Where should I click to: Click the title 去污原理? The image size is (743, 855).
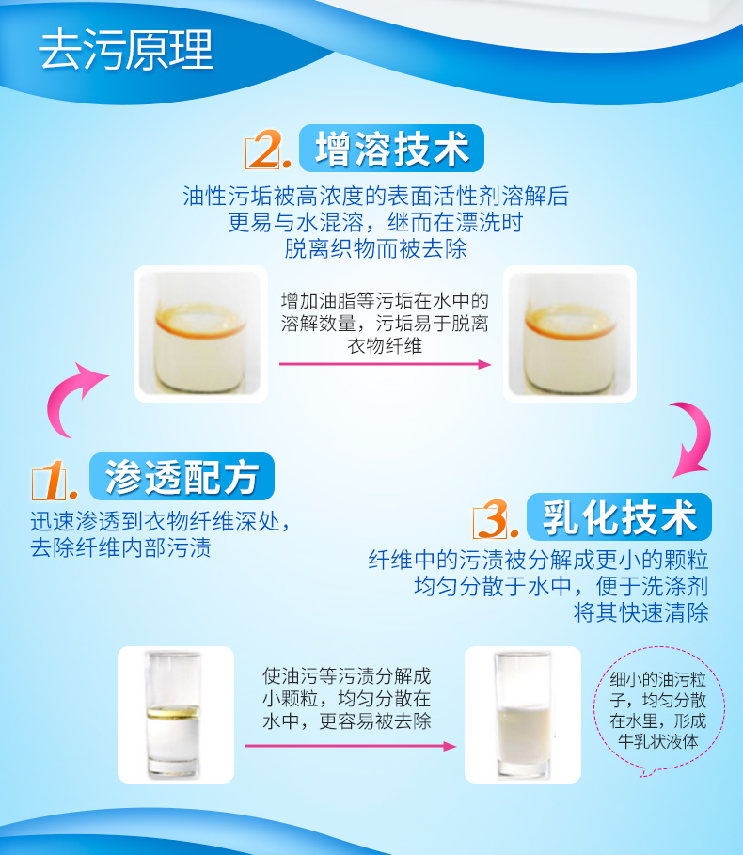125,50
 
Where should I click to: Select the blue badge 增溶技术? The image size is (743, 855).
391,149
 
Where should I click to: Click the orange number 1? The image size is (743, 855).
54,480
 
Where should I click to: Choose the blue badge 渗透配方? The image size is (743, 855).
182,476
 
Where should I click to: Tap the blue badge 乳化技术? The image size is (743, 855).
619,517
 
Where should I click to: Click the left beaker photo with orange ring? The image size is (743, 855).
201,334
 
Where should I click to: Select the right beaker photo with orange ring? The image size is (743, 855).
570,334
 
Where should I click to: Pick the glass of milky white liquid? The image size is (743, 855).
522,715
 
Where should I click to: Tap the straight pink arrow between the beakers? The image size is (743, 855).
385,364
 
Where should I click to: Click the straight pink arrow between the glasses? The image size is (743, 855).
350,746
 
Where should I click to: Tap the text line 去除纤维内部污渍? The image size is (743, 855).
120,548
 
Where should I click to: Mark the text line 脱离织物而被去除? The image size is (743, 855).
375,248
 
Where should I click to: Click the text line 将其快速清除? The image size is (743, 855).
641,612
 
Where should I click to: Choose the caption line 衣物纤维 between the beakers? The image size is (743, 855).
385,345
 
